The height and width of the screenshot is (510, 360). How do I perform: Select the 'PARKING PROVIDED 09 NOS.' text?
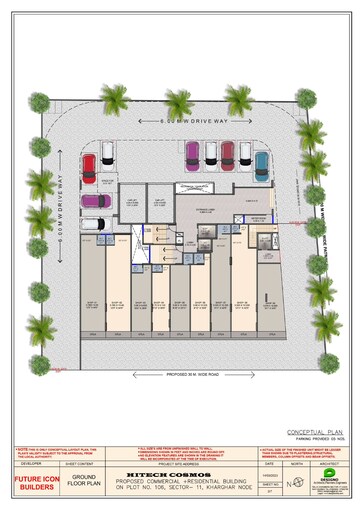pyautogui.click(x=309, y=440)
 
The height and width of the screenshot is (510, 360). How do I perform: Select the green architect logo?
pyautogui.click(x=330, y=478)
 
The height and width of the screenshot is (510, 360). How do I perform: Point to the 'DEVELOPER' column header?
pyautogui.click(x=30, y=464)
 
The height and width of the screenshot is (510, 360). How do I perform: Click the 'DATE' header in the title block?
pyautogui.click(x=269, y=464)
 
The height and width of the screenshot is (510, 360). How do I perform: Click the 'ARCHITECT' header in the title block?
pyautogui.click(x=329, y=464)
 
